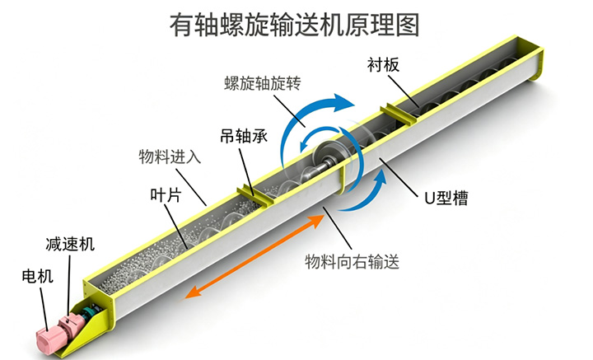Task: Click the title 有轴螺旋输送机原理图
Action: coord(294,25)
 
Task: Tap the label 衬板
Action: coord(383,65)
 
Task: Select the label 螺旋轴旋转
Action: coord(263,83)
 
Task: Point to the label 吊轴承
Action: coord(244,135)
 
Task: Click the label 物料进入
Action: coord(170,157)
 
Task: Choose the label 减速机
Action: coord(70,244)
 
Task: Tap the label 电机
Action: coord(37,276)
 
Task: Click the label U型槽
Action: coord(446,198)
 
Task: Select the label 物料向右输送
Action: coord(353,261)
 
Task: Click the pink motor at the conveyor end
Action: coord(47,340)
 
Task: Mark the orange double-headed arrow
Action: coord(255,256)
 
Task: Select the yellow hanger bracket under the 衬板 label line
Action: coord(399,115)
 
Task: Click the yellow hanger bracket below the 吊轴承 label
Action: coord(254,195)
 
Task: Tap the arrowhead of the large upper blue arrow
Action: coord(343,102)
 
